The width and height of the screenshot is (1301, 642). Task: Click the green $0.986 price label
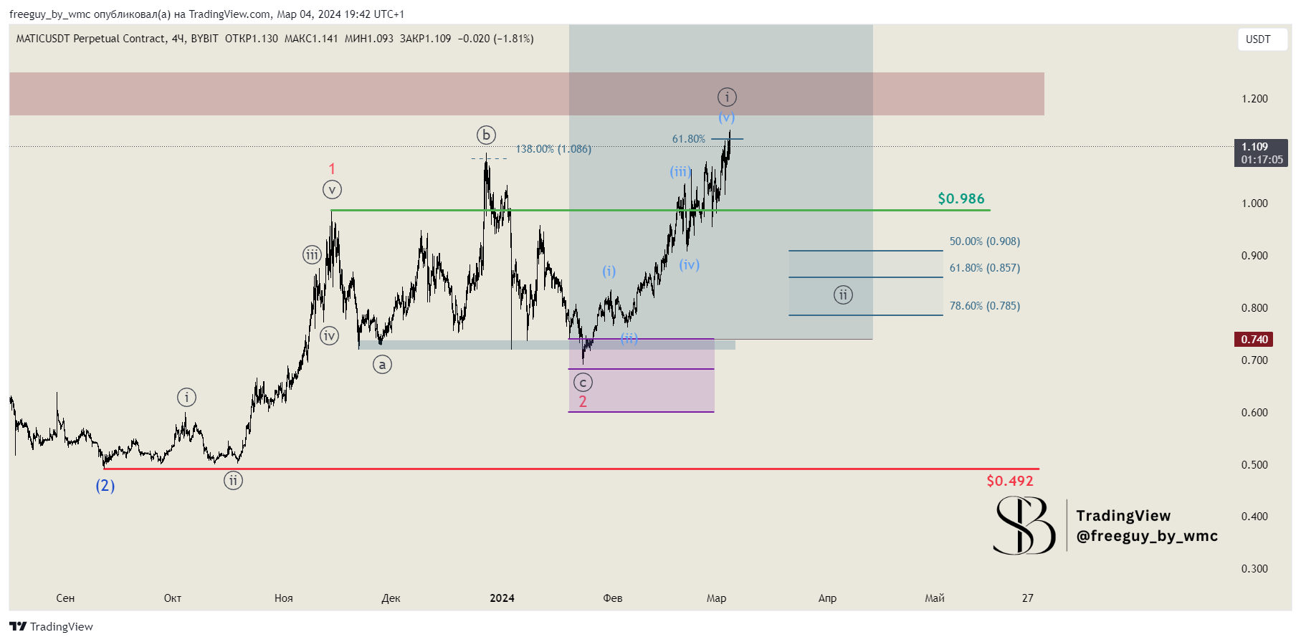tap(961, 198)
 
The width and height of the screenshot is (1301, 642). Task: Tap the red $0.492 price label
tap(1009, 481)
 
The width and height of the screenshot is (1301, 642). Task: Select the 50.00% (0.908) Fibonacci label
tap(984, 241)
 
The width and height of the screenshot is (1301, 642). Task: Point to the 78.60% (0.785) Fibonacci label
tap(984, 306)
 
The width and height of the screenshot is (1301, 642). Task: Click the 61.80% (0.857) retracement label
tap(984, 268)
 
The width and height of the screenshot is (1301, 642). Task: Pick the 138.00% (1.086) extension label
tap(553, 149)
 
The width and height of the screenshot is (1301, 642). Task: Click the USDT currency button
tap(1258, 39)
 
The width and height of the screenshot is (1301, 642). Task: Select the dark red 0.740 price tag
tap(1254, 339)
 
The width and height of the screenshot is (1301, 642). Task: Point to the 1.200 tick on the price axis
tap(1254, 99)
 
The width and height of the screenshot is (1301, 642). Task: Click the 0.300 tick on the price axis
tap(1254, 569)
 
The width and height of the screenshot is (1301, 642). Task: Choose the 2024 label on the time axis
tap(502, 598)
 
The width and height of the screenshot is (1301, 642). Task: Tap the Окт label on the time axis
tap(173, 598)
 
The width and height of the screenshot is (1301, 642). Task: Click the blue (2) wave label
tap(105, 486)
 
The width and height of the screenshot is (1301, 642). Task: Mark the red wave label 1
tap(332, 168)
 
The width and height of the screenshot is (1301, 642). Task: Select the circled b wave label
tap(486, 135)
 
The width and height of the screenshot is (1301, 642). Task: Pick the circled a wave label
tap(382, 365)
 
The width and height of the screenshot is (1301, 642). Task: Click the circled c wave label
tap(583, 383)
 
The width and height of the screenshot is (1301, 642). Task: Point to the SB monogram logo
tap(1024, 526)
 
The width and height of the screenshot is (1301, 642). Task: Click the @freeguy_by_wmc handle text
tap(1147, 536)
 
